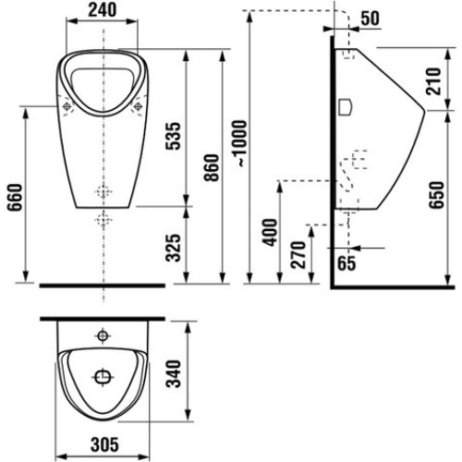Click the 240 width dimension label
click(103, 10)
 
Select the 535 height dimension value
click(173, 136)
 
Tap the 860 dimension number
click(212, 167)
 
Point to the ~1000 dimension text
click(240, 143)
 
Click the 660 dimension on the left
click(15, 197)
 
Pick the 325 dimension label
click(173, 248)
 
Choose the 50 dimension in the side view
click(370, 18)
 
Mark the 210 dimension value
click(433, 81)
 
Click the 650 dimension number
click(437, 195)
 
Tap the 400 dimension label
click(270, 232)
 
